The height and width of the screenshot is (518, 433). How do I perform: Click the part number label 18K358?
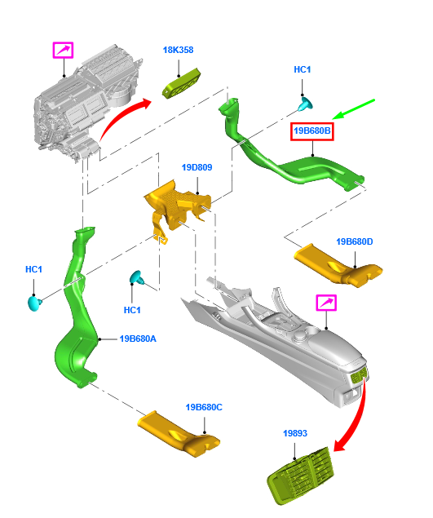coord(178,50)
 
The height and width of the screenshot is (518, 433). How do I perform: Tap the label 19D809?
coord(197,167)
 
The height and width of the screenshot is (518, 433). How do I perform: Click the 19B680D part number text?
coord(354,241)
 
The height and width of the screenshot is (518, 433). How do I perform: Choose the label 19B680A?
coord(138,339)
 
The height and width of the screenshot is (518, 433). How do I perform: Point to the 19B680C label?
coord(204,407)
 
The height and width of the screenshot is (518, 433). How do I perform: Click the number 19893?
coord(295,434)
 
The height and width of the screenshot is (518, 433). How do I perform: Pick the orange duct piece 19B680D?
coord(338,265)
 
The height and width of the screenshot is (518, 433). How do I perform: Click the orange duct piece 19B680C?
coord(179,432)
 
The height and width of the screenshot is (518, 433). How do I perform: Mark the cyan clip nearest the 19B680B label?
coord(307,104)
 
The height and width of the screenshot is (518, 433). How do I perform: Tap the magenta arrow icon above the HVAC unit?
coord(63,50)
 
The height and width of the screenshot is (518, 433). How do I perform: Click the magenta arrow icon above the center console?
coord(326,303)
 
